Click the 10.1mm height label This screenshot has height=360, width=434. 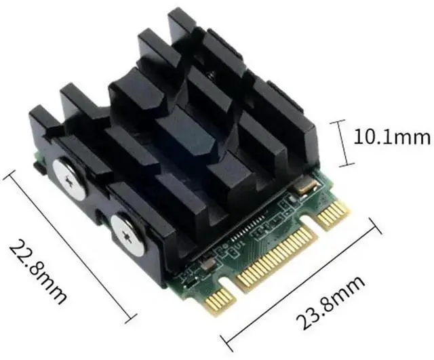tap(393, 138)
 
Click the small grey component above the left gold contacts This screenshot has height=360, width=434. tap(191, 276)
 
